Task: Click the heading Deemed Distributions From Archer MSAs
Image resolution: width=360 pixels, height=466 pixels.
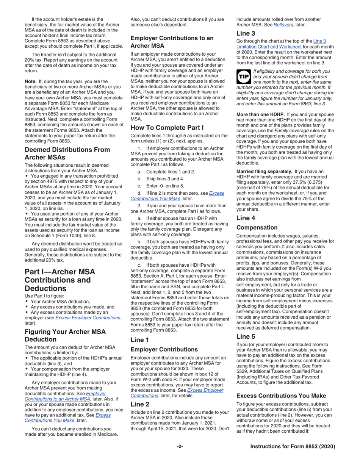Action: pyautogui.click(x=67, y=153)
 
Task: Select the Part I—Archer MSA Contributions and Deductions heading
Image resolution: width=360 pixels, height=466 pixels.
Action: pyautogui.click(x=60, y=280)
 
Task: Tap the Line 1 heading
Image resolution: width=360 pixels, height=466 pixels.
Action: pyautogui.click(x=139, y=340)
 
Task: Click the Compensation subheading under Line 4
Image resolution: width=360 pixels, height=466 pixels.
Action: pyautogui.click(x=258, y=228)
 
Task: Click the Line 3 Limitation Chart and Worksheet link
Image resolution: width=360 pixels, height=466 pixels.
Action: pyautogui.click(x=281, y=44)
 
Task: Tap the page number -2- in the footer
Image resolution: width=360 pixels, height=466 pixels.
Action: pyautogui.click(x=180, y=447)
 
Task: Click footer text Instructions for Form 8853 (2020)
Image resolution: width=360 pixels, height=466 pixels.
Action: pyautogui.click(x=293, y=447)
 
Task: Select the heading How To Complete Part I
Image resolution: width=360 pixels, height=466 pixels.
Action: pyautogui.click(x=167, y=127)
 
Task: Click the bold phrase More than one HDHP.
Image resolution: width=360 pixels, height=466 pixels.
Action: pyautogui.click(x=260, y=114)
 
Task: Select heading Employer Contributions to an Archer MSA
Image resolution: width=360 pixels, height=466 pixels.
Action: pyautogui.click(x=172, y=42)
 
